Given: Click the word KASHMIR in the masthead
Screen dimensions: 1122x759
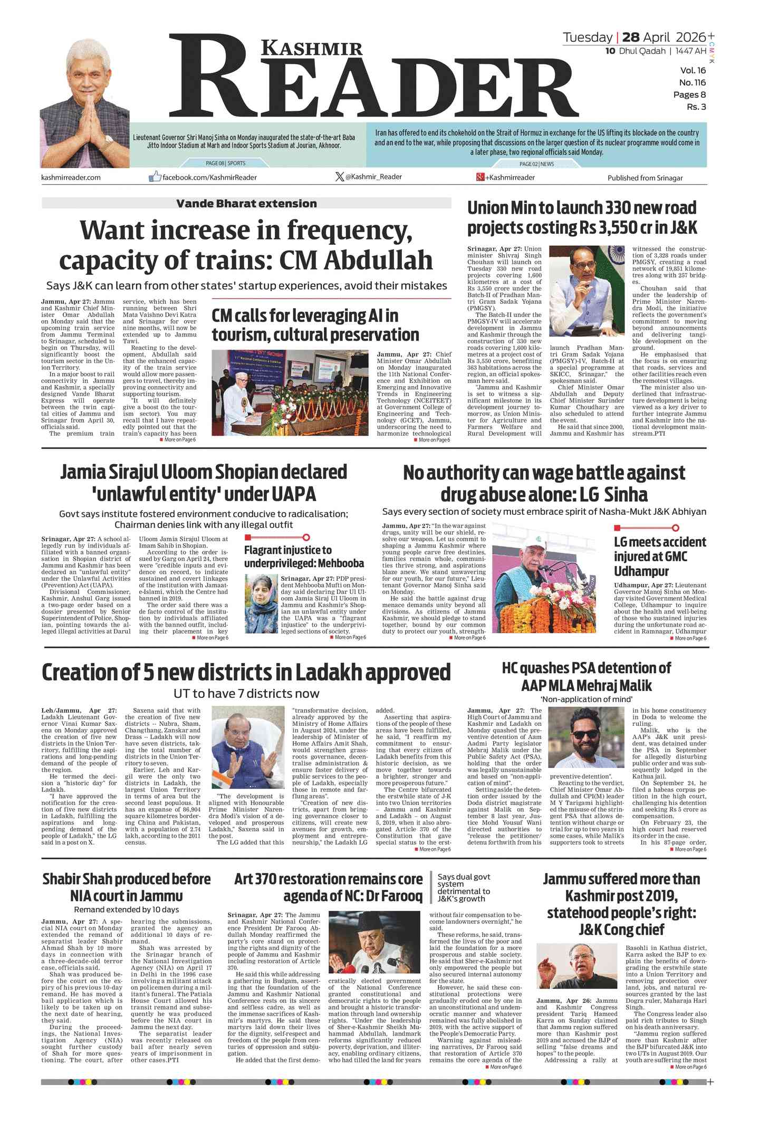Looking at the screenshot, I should (312, 48).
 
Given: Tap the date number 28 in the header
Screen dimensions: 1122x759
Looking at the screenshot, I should (630, 37).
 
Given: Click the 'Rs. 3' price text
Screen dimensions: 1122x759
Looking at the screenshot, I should (696, 107).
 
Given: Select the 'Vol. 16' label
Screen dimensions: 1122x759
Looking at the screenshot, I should (693, 70).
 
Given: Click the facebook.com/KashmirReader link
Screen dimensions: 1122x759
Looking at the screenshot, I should (209, 177).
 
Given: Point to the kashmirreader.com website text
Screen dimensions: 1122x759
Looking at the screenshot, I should (71, 177).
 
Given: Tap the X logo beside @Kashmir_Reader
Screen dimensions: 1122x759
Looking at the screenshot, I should (339, 177).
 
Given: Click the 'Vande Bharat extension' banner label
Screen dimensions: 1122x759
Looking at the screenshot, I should (246, 203).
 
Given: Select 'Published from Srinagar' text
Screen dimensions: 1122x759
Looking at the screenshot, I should (645, 178).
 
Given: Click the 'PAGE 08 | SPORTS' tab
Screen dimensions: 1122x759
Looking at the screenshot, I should (225, 163).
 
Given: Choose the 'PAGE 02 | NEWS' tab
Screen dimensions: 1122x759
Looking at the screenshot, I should (536, 164).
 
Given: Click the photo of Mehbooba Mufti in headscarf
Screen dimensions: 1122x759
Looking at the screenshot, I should (261, 604).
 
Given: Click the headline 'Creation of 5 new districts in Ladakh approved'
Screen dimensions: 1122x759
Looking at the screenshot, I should (246, 672).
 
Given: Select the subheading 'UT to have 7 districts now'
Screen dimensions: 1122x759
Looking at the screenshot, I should (246, 693).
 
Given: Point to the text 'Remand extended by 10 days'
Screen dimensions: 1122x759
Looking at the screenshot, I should (126, 909).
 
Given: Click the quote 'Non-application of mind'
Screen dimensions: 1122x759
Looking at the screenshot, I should (586, 699).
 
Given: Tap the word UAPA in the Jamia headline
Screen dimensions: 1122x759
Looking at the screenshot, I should (293, 494).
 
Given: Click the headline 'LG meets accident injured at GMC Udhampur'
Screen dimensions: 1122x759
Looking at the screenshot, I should (659, 556).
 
